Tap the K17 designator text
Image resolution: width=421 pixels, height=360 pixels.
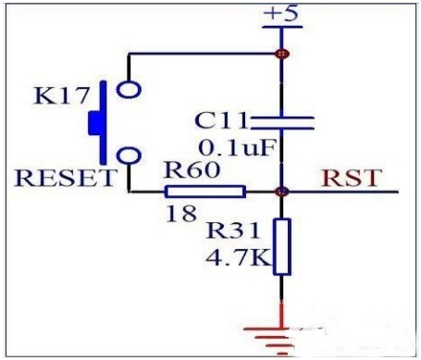tap(62, 95)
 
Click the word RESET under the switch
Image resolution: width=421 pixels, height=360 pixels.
tap(65, 178)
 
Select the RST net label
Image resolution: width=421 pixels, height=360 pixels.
tap(352, 178)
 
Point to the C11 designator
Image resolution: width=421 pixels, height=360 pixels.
tap(221, 120)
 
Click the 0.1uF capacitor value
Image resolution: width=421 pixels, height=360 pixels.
tap(237, 148)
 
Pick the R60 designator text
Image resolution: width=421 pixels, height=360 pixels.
tap(192, 169)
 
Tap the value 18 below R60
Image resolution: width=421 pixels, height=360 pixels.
tap(181, 214)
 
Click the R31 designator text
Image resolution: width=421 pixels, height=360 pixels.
tap(233, 230)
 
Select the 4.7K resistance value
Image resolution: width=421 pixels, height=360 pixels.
tap(238, 257)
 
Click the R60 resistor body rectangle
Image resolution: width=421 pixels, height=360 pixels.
tap(205, 192)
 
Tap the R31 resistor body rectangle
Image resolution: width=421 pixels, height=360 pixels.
tap(282, 246)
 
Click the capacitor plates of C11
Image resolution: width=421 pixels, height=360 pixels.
tap(282, 123)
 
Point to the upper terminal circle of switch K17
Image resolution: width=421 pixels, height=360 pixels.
tap(129, 90)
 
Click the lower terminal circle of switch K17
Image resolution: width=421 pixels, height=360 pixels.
tap(130, 155)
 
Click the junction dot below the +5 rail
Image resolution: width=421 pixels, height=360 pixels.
tap(282, 54)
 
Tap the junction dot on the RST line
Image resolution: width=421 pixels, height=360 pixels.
tap(282, 192)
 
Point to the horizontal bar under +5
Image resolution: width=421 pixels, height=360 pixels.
tap(282, 27)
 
